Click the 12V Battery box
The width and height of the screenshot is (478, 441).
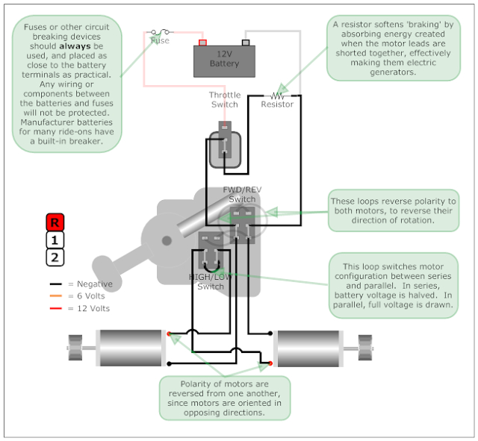tap(224, 60)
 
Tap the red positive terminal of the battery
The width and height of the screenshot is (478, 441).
tap(202, 43)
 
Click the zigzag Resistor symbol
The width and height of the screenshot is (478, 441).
tap(278, 96)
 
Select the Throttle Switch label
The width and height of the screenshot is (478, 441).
tap(224, 99)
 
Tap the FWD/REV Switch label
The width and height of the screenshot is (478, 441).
tap(241, 195)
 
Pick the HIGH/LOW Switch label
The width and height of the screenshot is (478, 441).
tap(210, 281)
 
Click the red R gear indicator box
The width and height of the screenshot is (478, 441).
tap(55, 222)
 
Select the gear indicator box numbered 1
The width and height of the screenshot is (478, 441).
tap(55, 240)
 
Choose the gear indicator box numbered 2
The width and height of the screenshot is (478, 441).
tap(55, 258)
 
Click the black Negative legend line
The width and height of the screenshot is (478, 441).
tap(55, 284)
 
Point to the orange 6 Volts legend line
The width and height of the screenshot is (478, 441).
tap(55, 296)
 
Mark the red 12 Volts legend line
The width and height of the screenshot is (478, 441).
tap(55, 308)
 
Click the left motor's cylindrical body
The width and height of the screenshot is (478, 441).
tap(129, 348)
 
